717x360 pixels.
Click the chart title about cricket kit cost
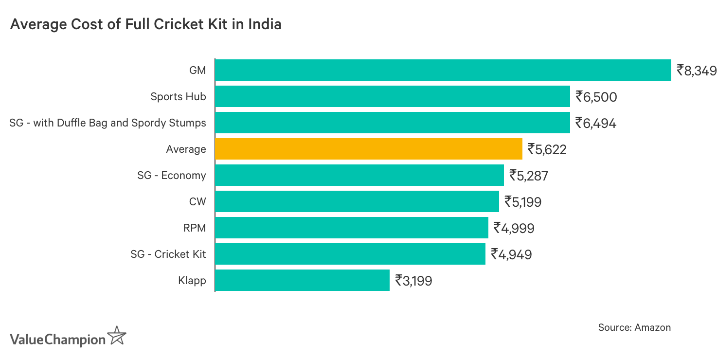[x=145, y=24]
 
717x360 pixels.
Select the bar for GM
[x=443, y=70]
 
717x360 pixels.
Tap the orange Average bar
[x=368, y=149]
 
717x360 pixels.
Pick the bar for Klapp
[x=302, y=280]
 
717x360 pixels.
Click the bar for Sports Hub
[x=392, y=96]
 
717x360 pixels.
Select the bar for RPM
[x=351, y=228]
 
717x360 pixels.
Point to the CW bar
[x=357, y=201]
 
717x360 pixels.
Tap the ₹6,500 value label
[x=596, y=97]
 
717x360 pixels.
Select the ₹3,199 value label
[x=413, y=281]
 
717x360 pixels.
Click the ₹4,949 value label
[x=511, y=254]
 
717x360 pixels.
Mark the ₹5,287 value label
[x=528, y=176]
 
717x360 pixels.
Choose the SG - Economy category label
[x=171, y=176]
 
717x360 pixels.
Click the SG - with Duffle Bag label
[x=108, y=123]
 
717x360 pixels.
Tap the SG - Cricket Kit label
[x=168, y=254]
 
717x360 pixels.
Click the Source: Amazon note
[x=634, y=327]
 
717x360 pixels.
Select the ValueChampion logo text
[x=57, y=339]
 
